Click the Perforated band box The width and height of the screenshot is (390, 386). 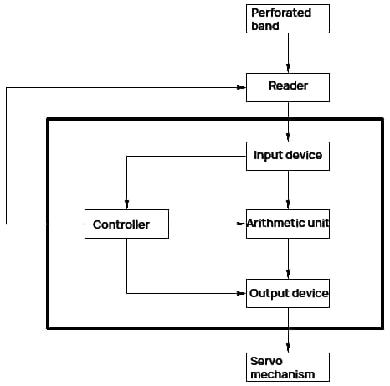click(x=288, y=18)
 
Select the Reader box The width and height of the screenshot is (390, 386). click(x=288, y=87)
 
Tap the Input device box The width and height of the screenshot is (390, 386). click(x=288, y=156)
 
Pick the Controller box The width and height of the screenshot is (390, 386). click(x=126, y=224)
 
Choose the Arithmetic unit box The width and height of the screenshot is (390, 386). click(x=288, y=224)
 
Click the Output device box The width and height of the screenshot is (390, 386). click(x=288, y=293)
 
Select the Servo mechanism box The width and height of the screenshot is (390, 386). click(x=288, y=367)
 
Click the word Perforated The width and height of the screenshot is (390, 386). click(x=281, y=13)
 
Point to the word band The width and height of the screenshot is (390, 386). click(x=265, y=26)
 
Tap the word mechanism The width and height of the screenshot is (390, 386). click(x=283, y=374)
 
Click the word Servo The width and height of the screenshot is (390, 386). click(x=266, y=361)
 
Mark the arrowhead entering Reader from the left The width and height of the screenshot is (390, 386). click(x=241, y=87)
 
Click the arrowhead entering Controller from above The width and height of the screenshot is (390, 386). click(x=126, y=204)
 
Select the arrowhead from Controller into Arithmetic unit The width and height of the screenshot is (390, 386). click(x=241, y=224)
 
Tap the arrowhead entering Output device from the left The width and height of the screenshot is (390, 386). click(x=241, y=293)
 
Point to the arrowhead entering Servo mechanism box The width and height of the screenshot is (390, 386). click(x=288, y=347)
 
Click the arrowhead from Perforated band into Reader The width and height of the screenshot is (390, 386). click(x=288, y=69)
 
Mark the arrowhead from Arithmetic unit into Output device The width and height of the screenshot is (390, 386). click(x=288, y=274)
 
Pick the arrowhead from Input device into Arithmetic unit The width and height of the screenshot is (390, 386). click(x=288, y=204)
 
